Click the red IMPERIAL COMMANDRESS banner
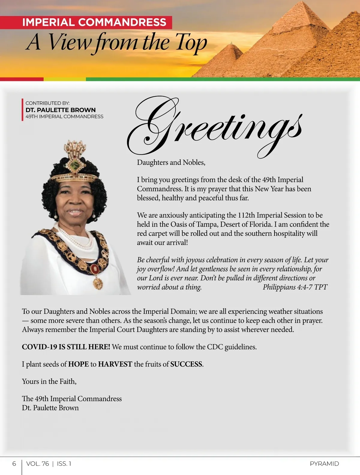click(94, 23)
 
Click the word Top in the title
click(191, 43)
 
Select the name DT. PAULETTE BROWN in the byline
click(61, 110)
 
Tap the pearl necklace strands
click(75, 237)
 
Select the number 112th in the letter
click(246, 215)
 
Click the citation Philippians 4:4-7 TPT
click(295, 287)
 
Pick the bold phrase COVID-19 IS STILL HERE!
click(66, 347)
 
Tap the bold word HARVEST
click(115, 364)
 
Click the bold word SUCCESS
click(186, 364)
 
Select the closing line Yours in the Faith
click(49, 382)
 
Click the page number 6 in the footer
click(14, 464)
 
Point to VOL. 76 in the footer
click(37, 464)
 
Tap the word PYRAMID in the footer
click(324, 464)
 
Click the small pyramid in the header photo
click(229, 59)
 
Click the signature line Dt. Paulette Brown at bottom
click(50, 408)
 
